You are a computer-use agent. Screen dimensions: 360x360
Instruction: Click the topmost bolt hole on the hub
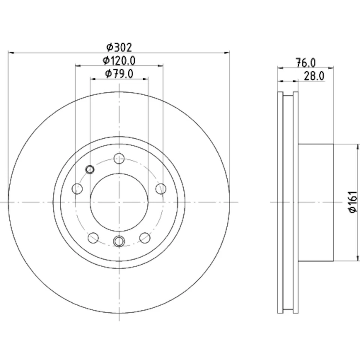coord(119,158)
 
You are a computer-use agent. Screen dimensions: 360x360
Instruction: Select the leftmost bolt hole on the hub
coord(77,189)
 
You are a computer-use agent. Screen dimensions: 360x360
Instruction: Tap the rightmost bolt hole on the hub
coord(161,189)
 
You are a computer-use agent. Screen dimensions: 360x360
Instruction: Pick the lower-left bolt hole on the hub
coord(93,237)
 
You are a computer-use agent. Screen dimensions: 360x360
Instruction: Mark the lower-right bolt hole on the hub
coord(145,237)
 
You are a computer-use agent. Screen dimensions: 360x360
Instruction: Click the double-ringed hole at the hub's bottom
coord(119,241)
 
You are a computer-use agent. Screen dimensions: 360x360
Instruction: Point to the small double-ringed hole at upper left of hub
coord(90,169)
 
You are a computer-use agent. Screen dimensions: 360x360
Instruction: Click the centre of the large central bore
coord(119,202)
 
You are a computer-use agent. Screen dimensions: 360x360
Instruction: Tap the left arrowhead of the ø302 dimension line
coord(10,53)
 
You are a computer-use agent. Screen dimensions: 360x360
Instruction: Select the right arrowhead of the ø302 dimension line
coord(227,53)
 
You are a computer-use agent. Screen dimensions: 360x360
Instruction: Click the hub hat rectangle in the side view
coord(316,202)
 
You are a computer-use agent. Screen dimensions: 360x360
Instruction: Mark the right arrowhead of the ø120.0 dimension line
coord(161,66)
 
